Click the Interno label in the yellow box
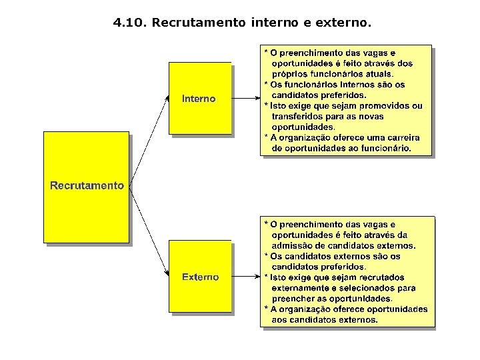coord(199,99)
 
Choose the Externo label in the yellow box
coord(200,277)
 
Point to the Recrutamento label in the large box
coord(87,185)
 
